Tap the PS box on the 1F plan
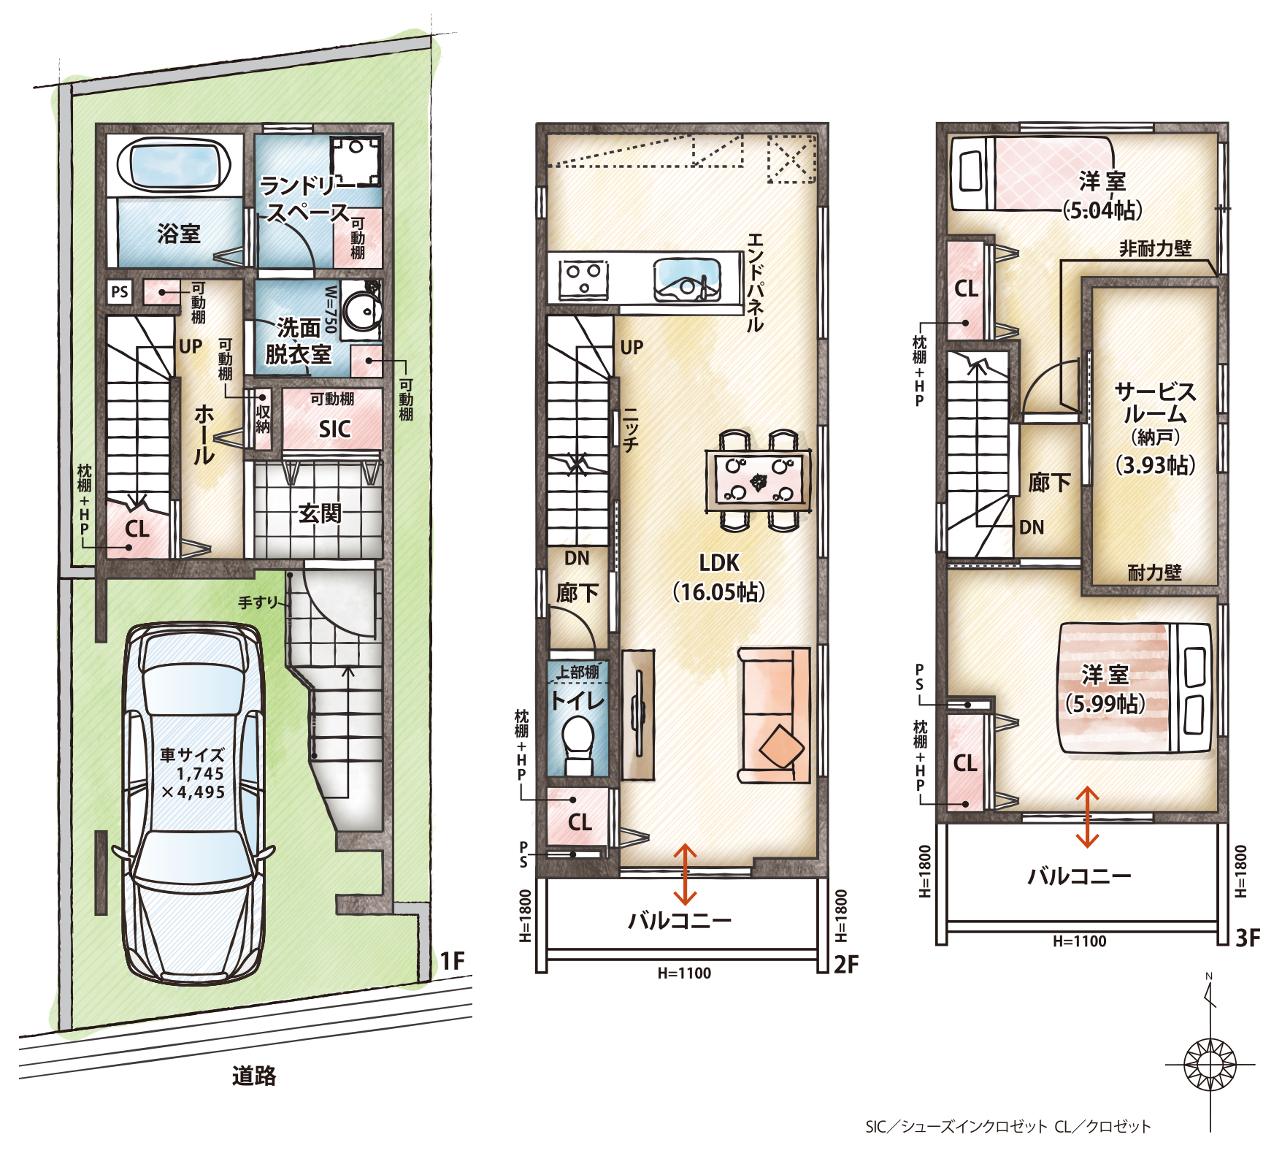pyautogui.click(x=120, y=292)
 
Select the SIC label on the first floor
pyautogui.click(x=334, y=429)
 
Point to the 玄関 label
pyautogui.click(x=320, y=513)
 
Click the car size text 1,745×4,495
pyautogui.click(x=193, y=783)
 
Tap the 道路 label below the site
pyautogui.click(x=254, y=1076)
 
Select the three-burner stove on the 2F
pyautogui.click(x=583, y=279)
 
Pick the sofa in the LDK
pyautogui.click(x=775, y=715)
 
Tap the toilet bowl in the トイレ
pyautogui.click(x=579, y=743)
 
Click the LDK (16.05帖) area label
pyautogui.click(x=719, y=577)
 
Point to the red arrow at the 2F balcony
pyautogui.click(x=685, y=874)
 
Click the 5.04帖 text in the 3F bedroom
pyautogui.click(x=1102, y=210)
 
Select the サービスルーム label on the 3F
pyautogui.click(x=1156, y=403)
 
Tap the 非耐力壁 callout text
pyautogui.click(x=1156, y=249)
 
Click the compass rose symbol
pyautogui.click(x=1210, y=1064)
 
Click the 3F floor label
pyautogui.click(x=1248, y=938)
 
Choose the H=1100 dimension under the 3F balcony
pyautogui.click(x=1080, y=941)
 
